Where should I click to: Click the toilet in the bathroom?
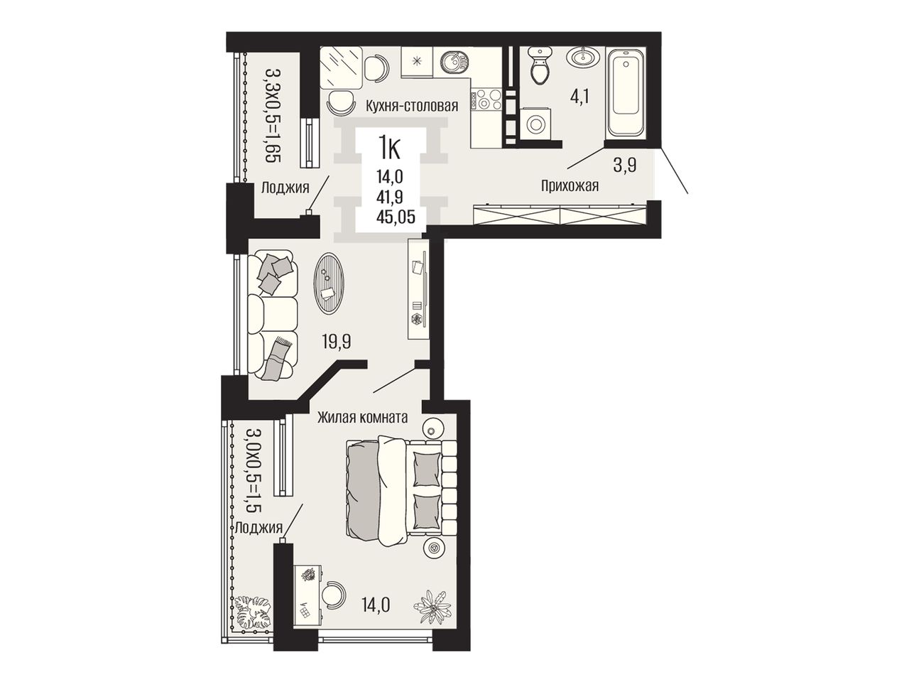(x=538, y=66)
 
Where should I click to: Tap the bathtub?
(x=625, y=92)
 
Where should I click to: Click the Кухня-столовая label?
(x=411, y=106)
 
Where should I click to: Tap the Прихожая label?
(x=570, y=186)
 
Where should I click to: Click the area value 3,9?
(x=624, y=166)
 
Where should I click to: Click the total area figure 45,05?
(x=396, y=216)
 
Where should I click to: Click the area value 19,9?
(x=337, y=342)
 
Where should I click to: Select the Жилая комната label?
(x=362, y=418)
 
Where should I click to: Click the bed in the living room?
(x=401, y=492)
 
